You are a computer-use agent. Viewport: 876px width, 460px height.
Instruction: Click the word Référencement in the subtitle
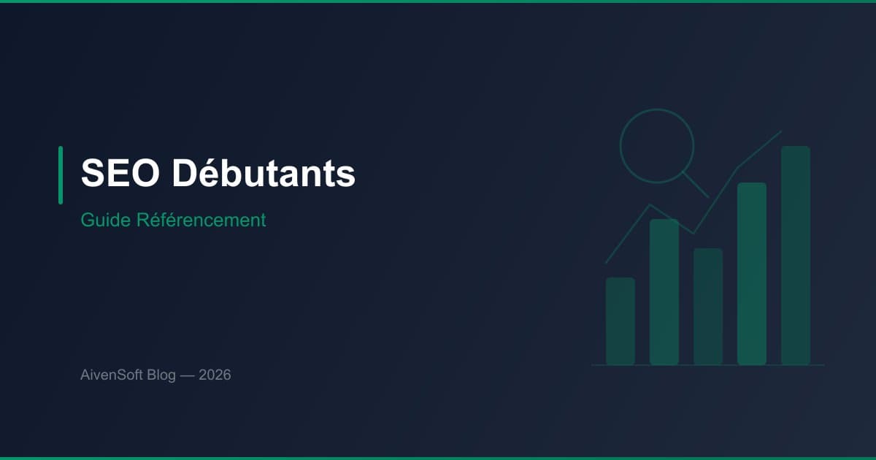pos(201,220)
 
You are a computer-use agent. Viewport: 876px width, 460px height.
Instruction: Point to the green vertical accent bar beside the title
pos(61,175)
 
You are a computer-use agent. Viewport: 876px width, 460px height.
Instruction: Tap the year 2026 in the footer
pos(215,375)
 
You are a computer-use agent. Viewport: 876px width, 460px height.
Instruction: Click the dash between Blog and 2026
pos(188,375)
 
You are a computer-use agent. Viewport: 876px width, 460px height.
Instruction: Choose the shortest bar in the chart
pos(620,321)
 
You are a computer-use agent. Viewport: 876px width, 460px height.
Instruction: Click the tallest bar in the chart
pos(796,256)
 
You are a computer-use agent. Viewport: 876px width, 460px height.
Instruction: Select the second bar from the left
pos(664,292)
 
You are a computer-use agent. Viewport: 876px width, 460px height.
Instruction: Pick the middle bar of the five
pos(708,307)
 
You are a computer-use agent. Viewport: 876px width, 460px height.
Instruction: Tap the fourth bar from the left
pos(752,274)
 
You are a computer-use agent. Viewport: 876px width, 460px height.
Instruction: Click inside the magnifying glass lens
pos(656,145)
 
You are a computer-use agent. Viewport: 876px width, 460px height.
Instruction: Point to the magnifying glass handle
pos(696,185)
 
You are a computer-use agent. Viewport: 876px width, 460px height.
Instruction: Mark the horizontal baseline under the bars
pos(708,365)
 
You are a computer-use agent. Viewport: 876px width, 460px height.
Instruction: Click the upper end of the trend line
pos(780,132)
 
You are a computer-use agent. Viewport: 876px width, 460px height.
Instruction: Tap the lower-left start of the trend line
pos(607,262)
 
